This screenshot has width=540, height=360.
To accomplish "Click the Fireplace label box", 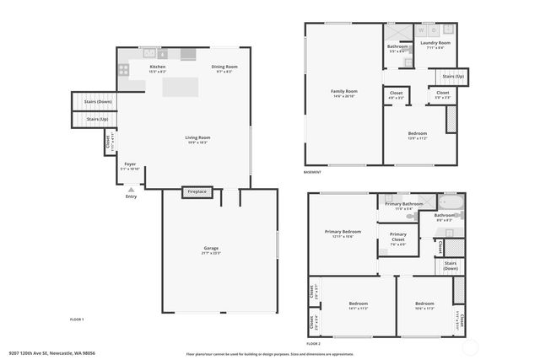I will [x=196, y=192].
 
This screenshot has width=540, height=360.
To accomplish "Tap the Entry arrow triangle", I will [x=131, y=191].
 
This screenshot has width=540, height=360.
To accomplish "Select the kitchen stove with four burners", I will [x=124, y=71].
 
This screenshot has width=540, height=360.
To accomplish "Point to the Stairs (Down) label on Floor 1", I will [x=98, y=101].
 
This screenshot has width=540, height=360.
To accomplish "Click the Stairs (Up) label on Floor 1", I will [x=98, y=120].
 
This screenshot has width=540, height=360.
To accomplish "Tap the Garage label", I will [x=211, y=249].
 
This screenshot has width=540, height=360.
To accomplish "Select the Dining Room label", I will [x=224, y=67].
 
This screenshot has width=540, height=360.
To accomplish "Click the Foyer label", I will [x=130, y=164].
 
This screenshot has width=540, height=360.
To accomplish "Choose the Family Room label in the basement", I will [x=343, y=91].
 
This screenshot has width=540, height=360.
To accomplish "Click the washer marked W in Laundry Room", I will [x=421, y=30].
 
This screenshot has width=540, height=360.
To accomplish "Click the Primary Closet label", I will [x=397, y=235].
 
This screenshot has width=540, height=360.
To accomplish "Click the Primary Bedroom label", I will [x=343, y=232].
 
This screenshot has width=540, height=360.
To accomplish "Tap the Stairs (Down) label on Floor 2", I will [x=451, y=266].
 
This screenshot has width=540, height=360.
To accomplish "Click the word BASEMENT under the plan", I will [x=313, y=172].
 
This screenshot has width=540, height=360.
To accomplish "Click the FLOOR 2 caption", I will [x=314, y=344].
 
